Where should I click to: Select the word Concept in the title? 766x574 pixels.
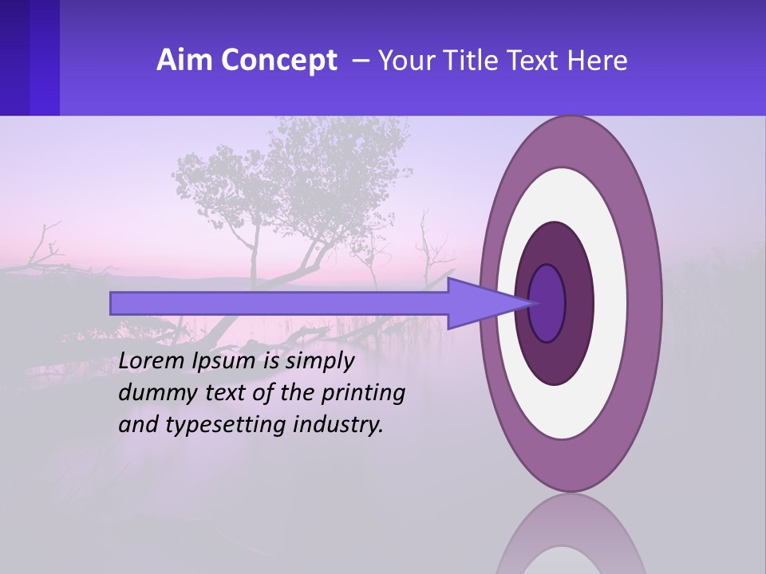point(279,61)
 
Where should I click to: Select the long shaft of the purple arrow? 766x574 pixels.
point(279,303)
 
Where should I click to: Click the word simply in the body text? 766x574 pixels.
point(319,361)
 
